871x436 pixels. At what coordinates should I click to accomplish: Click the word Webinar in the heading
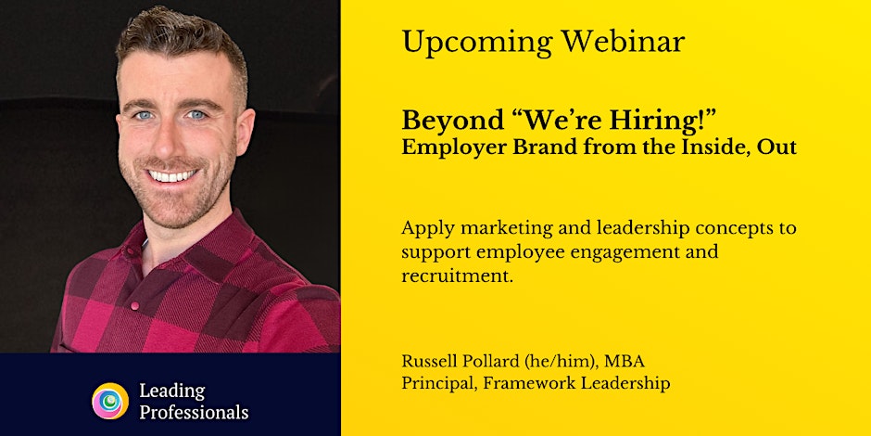point(623,41)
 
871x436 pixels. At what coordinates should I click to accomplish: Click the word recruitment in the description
point(457,276)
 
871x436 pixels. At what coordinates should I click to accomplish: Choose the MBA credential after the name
point(625,362)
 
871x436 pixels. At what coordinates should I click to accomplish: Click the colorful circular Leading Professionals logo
point(110,401)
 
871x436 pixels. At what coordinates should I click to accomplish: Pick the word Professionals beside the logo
point(194,413)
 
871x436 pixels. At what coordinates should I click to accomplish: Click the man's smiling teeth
point(172,176)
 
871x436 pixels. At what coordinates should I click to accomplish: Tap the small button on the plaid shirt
point(133,305)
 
